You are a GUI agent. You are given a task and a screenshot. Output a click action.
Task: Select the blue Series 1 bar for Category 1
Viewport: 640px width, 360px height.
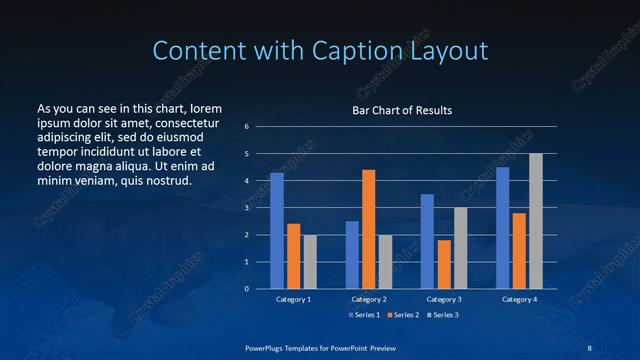tap(277, 231)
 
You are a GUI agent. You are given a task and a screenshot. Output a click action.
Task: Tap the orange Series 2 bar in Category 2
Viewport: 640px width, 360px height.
tap(369, 229)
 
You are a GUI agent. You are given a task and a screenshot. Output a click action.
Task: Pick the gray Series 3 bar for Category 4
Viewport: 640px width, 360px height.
tap(536, 221)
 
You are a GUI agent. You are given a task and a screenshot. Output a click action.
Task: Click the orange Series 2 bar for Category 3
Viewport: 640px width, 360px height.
tap(444, 264)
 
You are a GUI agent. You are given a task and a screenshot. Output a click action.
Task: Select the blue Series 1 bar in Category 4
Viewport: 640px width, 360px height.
tap(502, 228)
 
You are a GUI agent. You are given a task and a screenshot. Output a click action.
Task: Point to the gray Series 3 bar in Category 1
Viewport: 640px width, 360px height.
tap(310, 262)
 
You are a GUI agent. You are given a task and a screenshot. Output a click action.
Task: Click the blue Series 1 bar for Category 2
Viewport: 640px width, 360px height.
tap(352, 255)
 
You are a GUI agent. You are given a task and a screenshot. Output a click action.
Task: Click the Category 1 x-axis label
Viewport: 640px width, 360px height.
tap(294, 299)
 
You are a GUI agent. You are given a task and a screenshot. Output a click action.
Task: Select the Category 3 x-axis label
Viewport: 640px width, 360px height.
tap(444, 299)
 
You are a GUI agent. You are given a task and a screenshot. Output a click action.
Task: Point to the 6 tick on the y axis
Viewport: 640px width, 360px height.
tap(246, 127)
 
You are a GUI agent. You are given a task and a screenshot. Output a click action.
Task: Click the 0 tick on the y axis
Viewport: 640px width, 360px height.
tap(246, 289)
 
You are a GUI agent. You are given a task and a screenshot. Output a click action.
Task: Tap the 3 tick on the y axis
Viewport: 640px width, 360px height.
tap(246, 208)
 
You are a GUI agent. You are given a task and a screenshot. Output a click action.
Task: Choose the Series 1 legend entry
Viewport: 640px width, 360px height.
tap(364, 315)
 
